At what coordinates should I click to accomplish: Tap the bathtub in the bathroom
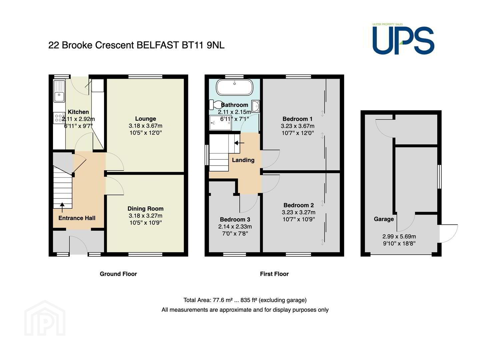pos(234,87)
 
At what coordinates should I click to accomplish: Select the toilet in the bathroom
pos(216,105)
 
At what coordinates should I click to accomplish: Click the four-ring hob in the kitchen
pos(59,118)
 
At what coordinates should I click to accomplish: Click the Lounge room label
pos(145,119)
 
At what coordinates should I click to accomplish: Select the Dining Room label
pos(145,208)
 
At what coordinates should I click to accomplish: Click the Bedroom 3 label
pos(235,219)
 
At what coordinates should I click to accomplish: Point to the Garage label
pos(384,219)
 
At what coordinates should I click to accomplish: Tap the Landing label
pos(243,160)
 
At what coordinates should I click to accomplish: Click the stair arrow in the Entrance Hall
pos(62,208)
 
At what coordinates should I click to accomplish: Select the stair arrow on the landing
pos(239,143)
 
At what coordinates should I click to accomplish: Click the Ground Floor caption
pos(118,274)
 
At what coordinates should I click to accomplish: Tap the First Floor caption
pos(274,274)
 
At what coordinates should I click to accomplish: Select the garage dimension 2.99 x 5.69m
pos(399,236)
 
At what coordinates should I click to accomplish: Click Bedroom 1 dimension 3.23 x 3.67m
pos(298,126)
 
